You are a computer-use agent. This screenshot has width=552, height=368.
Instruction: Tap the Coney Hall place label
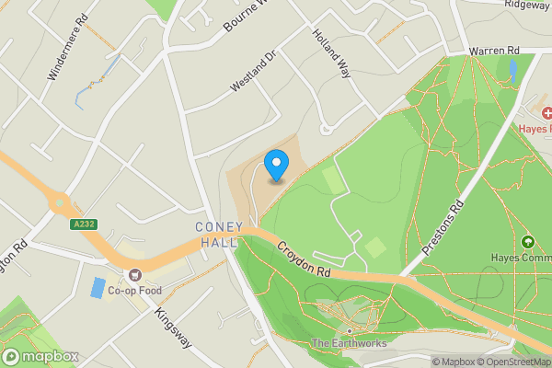tap(217, 235)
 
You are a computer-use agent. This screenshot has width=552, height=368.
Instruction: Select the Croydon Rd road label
tap(303, 257)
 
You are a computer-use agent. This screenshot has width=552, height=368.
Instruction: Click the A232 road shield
tap(82, 223)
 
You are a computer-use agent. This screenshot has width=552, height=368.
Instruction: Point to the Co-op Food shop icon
tap(136, 274)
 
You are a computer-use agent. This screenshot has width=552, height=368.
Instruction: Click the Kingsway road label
tap(172, 328)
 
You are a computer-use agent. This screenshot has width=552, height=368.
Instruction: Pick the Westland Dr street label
tap(253, 70)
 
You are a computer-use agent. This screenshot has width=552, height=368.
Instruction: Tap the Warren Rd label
tap(494, 50)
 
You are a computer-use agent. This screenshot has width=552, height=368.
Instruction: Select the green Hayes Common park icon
tap(528, 242)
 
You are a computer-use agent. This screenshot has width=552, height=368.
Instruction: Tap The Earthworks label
tap(350, 344)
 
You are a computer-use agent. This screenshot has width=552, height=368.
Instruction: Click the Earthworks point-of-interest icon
tap(350, 330)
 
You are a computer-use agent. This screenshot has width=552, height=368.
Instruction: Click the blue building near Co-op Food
tap(98, 287)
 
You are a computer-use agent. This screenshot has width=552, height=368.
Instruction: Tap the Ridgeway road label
tap(527, 5)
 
